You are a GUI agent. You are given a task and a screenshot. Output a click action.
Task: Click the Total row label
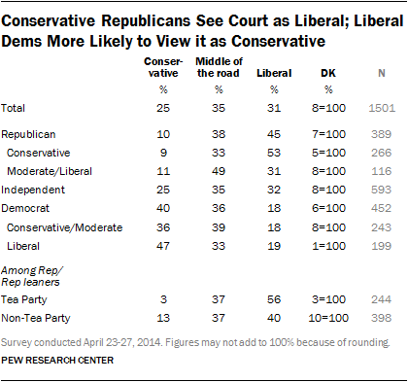13,108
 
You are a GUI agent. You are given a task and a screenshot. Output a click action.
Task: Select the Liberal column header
274,73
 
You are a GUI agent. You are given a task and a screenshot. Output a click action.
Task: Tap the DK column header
328,73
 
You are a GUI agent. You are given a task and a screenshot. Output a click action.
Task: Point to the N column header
382,73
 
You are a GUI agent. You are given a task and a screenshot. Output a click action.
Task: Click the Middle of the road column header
219,67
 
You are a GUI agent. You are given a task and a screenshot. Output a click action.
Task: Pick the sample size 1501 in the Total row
382,108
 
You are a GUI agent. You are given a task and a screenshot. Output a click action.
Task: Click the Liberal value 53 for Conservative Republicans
274,153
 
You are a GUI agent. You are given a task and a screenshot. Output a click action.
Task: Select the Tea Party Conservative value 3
163,299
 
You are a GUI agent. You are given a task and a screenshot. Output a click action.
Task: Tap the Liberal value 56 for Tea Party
274,299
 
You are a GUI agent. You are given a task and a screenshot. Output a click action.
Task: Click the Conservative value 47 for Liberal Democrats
163,246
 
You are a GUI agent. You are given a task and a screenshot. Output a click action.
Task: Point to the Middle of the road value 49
219,171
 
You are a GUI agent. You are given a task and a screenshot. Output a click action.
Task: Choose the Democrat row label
25,208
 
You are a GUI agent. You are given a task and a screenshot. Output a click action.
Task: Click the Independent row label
33,190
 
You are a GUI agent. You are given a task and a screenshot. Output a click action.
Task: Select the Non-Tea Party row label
36,318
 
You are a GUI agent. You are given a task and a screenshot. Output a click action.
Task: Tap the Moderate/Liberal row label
50,171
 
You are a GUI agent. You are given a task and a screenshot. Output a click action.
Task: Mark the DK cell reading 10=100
328,318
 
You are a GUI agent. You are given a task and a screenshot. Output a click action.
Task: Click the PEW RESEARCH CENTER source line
57,361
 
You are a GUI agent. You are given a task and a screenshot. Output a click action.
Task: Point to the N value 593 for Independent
382,190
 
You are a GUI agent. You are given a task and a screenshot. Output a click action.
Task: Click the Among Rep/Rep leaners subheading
32,276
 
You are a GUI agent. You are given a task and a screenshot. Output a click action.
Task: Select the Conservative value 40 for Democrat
163,208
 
